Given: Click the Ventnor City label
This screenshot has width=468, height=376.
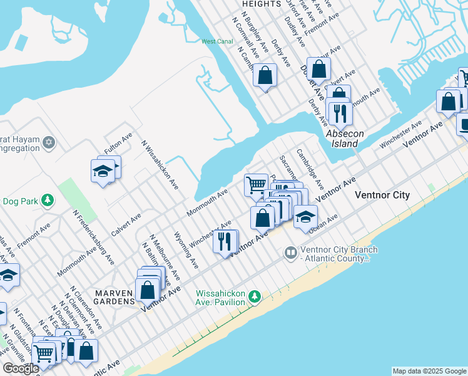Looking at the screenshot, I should point(382,195).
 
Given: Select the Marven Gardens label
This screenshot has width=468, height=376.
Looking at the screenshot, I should point(114,296).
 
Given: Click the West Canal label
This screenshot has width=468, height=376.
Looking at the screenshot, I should point(217,41).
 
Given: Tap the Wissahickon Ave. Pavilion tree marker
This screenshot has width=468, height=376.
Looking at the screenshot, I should point(254,296).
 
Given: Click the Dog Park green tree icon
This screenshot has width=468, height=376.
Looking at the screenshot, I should point(46,201).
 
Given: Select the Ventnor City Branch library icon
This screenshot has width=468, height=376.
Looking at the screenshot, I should point(290,253).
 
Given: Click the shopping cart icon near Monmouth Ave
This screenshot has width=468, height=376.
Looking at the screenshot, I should point(255,184).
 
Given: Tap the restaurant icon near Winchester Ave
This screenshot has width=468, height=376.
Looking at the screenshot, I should point(224,241).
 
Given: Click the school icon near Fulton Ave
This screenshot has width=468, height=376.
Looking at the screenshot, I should point(103,170).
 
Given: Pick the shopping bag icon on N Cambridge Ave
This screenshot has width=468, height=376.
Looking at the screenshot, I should point(265,75).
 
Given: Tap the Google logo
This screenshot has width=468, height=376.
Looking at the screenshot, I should point(21,368).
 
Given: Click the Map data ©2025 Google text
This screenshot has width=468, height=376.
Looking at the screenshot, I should point(429,371).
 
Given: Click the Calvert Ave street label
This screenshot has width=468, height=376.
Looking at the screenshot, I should point(126,224).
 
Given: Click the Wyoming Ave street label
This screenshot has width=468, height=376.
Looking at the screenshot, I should point(186,249).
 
